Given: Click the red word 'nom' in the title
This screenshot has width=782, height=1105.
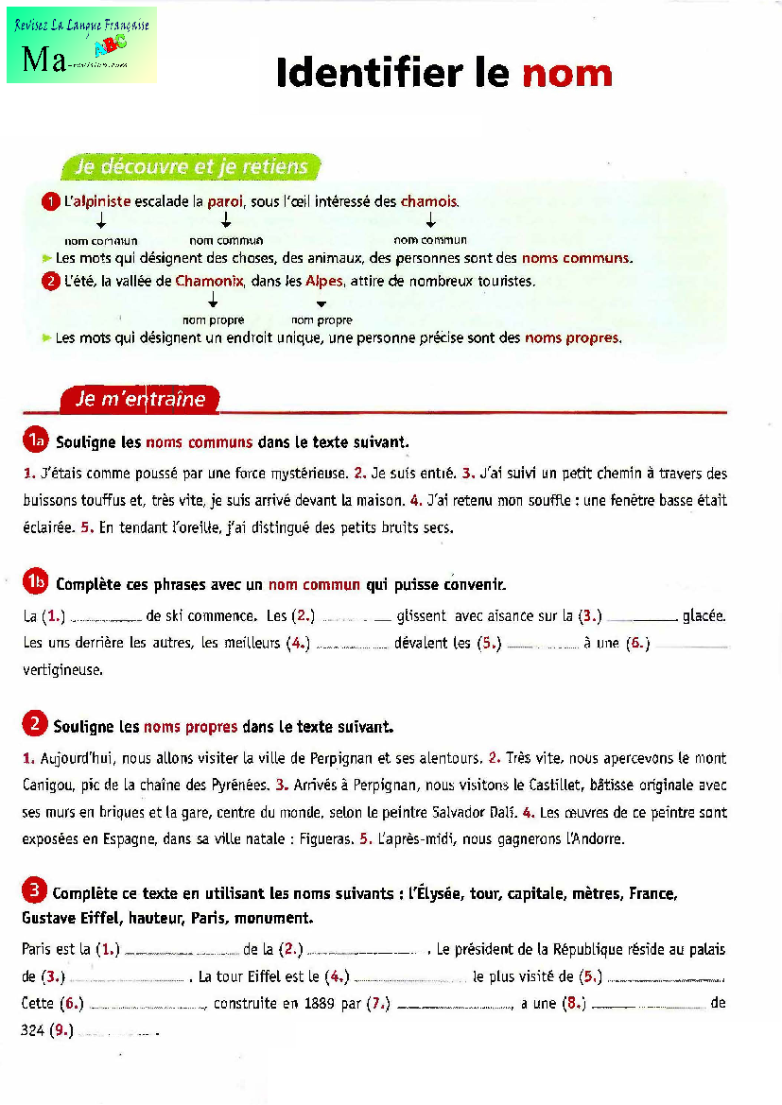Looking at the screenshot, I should click(x=566, y=73).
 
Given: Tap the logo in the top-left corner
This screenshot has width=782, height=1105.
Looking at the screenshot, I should click(x=81, y=44).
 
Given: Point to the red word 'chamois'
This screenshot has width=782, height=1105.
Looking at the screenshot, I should click(x=429, y=201).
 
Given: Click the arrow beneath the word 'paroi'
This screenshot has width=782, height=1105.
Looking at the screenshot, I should click(x=226, y=220).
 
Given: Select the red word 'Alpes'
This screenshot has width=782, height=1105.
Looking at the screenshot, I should click(x=323, y=281).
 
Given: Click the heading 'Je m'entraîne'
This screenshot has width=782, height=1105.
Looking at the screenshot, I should click(x=140, y=399).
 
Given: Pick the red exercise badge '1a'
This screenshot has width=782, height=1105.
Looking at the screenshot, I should click(x=36, y=440).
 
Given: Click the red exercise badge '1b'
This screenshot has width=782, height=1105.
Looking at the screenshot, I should click(x=36, y=583).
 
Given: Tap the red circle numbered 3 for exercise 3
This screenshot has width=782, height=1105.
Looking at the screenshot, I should click(x=34, y=890).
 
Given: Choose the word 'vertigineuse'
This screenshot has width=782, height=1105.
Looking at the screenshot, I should click(x=62, y=669).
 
